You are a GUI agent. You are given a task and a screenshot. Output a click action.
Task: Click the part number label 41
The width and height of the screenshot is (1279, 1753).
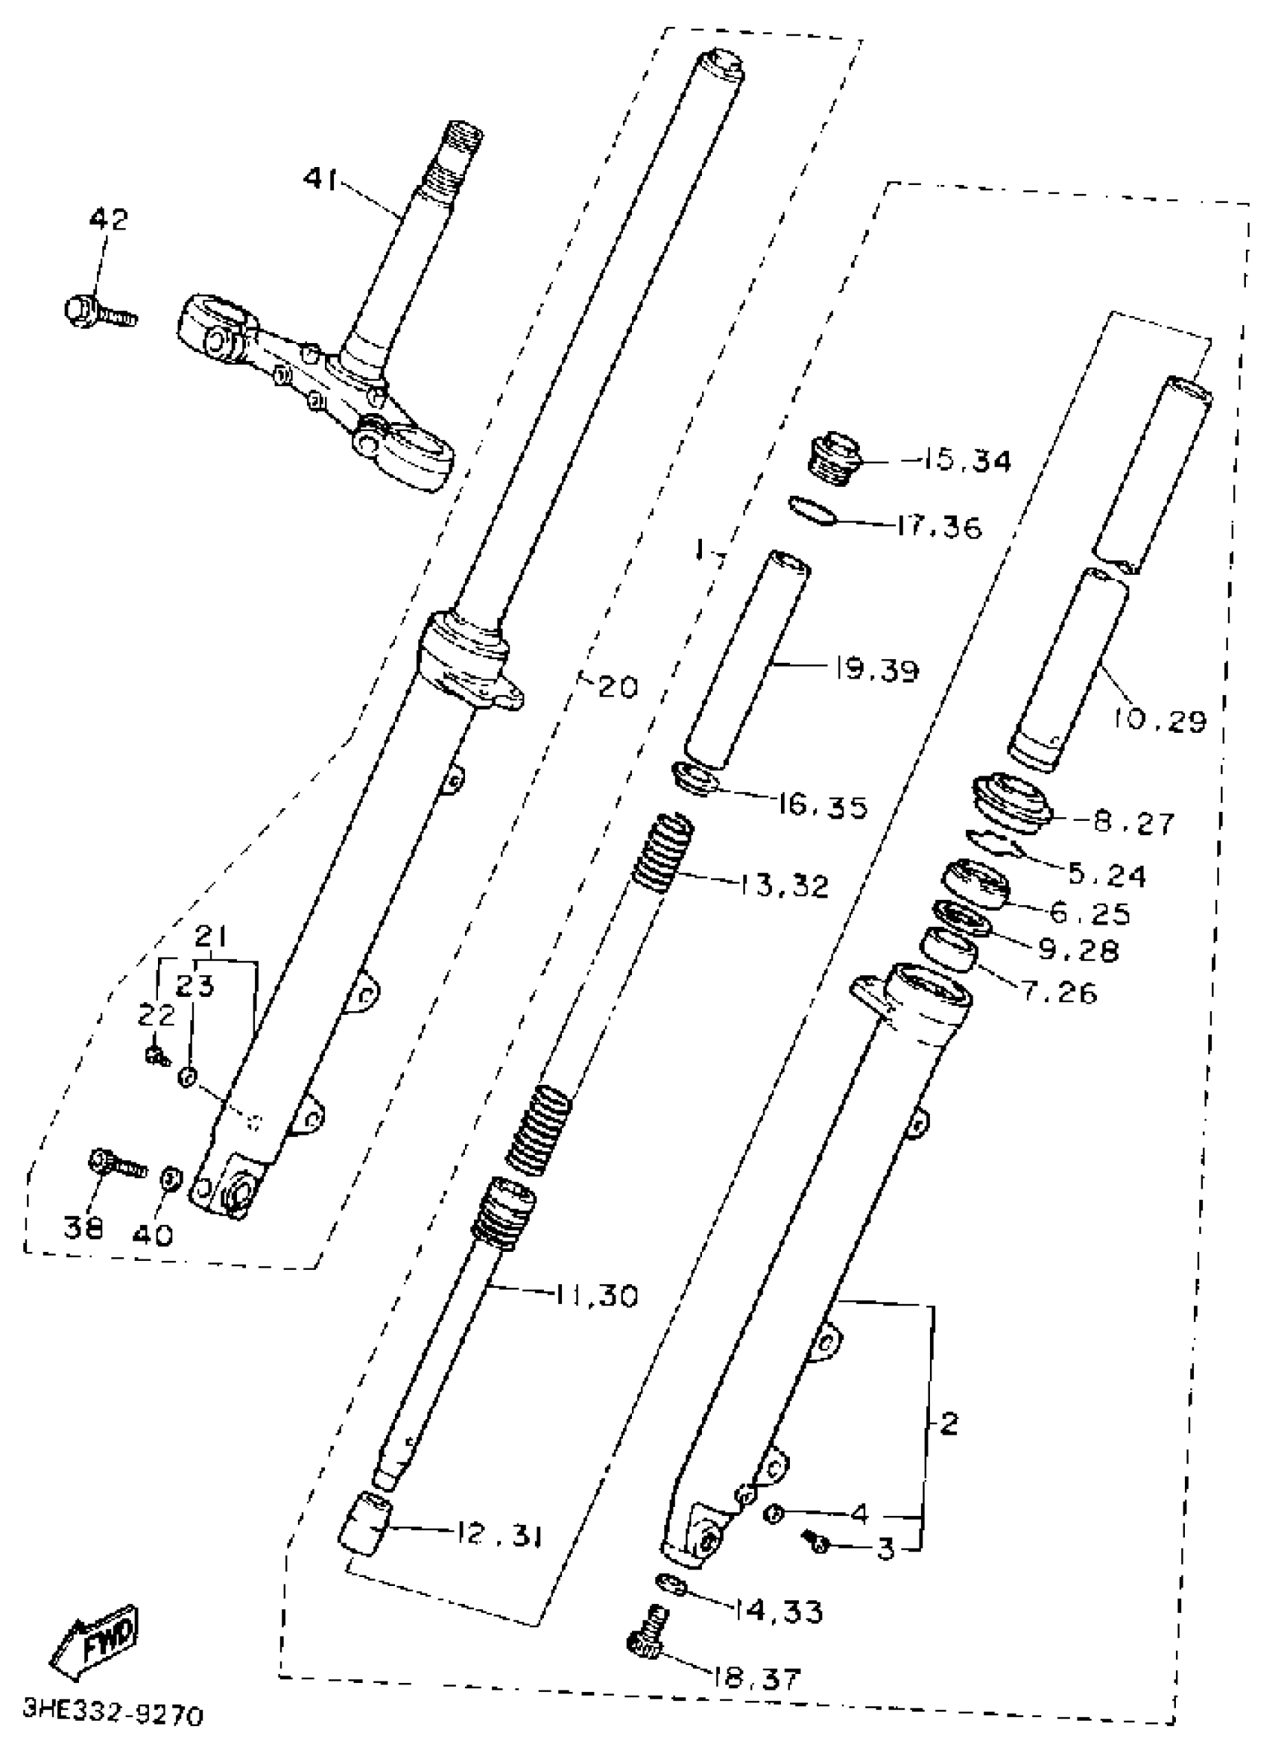(320, 180)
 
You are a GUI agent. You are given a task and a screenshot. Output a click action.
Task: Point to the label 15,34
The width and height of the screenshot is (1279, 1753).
(966, 462)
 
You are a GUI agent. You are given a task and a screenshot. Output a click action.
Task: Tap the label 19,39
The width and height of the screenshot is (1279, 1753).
(877, 669)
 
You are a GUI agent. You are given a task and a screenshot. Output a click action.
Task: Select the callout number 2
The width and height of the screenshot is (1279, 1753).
(949, 1423)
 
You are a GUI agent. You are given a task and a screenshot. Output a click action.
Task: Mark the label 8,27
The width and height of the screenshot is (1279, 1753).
(1135, 823)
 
